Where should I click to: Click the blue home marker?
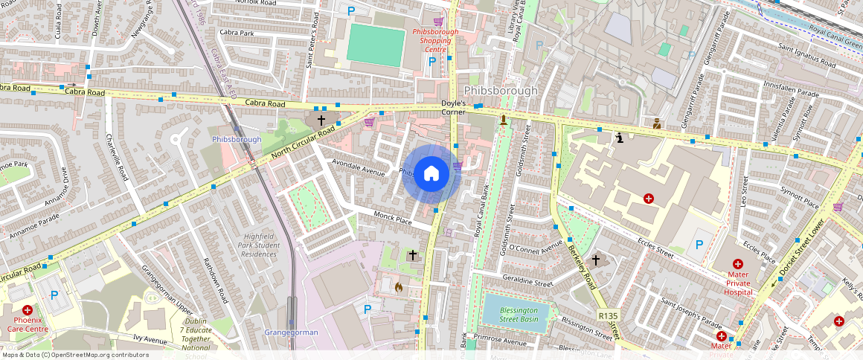(x=431, y=174)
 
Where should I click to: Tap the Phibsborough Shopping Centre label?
(x=431, y=41)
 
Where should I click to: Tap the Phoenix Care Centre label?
(x=28, y=324)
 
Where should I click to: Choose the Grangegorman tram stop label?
(x=291, y=332)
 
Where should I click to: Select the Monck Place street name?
(x=394, y=221)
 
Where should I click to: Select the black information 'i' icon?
(x=620, y=137)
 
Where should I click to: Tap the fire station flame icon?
(x=399, y=286)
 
